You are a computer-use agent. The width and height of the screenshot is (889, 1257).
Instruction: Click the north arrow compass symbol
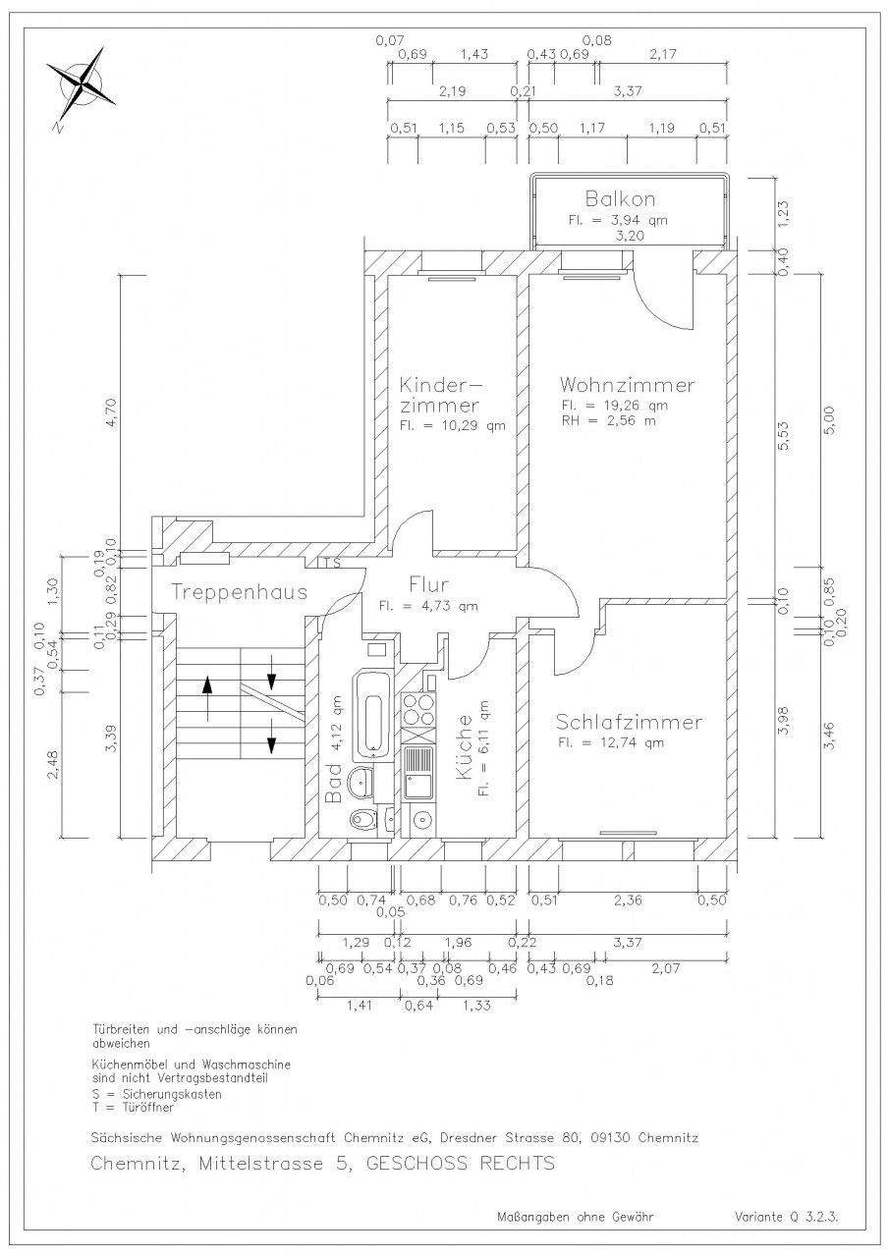(82, 85)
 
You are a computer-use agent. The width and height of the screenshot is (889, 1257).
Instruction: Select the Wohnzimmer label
(627, 384)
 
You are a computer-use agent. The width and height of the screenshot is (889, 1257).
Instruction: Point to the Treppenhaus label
(240, 592)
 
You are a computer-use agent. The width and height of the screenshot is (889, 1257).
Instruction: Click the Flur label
(429, 586)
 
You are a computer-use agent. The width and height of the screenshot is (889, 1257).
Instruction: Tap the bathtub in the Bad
(373, 712)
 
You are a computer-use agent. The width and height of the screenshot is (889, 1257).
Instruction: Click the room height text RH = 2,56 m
(608, 420)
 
